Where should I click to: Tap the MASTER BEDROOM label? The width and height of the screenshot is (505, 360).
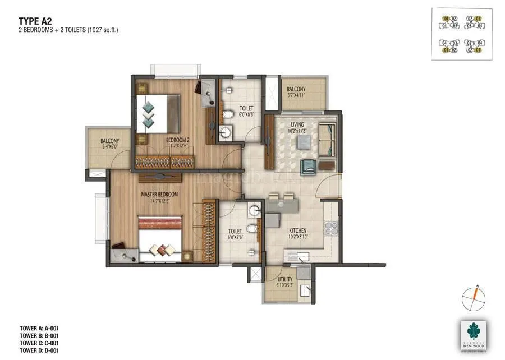pyautogui.click(x=159, y=194)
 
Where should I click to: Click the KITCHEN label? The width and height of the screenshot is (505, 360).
pyautogui.click(x=297, y=230)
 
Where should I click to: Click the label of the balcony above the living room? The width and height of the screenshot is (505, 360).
pyautogui.click(x=296, y=89)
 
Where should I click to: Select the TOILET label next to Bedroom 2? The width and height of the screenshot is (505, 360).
pyautogui.click(x=246, y=108)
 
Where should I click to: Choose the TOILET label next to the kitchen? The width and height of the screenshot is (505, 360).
pyautogui.click(x=235, y=230)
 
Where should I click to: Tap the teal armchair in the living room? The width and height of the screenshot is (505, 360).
pyautogui.click(x=308, y=167)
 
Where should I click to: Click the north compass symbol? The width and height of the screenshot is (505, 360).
pyautogui.click(x=474, y=296)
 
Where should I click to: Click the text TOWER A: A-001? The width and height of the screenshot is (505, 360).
pyautogui.click(x=40, y=328)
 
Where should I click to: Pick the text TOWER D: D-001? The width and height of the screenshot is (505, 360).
pyautogui.click(x=40, y=350)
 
